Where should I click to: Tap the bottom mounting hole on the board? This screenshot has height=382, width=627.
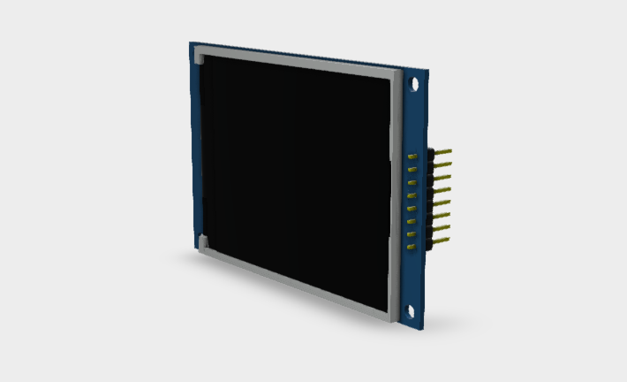pyautogui.click(x=409, y=309)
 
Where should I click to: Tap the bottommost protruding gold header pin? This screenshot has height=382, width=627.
pyautogui.click(x=442, y=239)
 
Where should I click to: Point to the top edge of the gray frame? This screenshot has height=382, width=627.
pyautogui.click(x=296, y=62)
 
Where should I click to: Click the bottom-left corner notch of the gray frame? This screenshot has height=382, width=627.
pyautogui.click(x=202, y=241)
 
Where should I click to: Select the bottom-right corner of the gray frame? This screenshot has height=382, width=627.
pyautogui.click(x=389, y=315)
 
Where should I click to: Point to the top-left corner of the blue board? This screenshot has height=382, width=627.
pyautogui.click(x=190, y=42)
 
